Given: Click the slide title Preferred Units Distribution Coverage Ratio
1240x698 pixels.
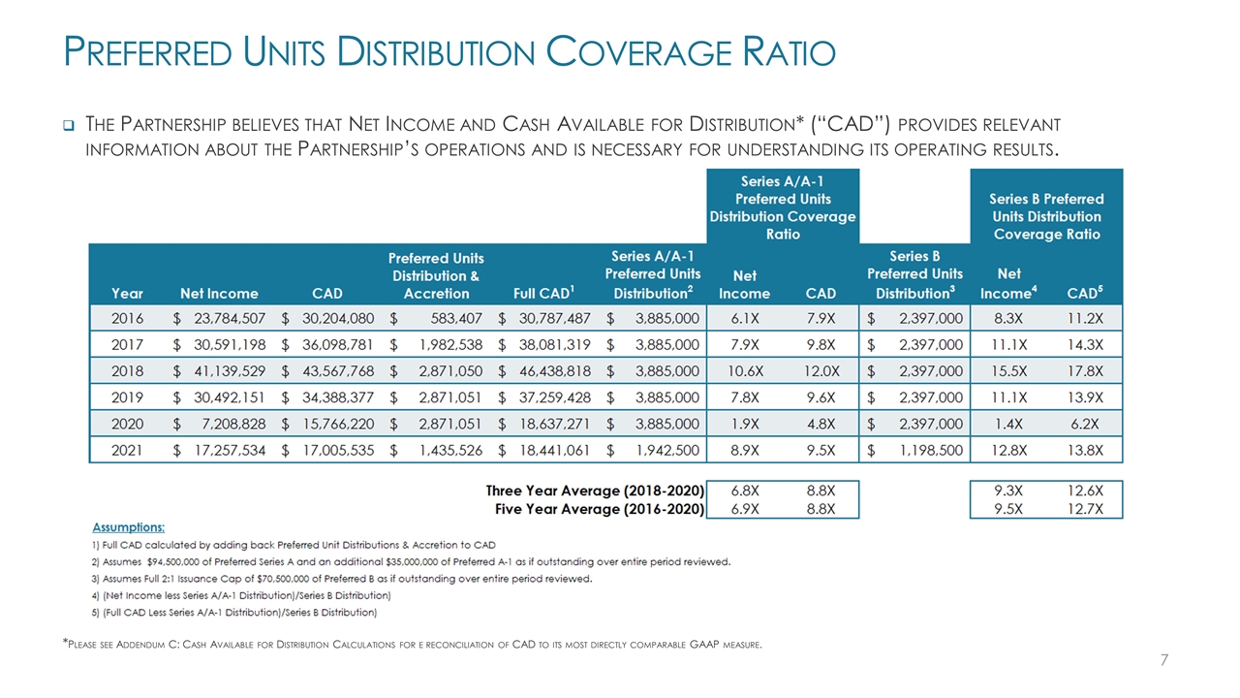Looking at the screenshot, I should (x=449, y=51).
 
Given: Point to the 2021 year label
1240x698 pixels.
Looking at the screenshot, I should (x=127, y=449).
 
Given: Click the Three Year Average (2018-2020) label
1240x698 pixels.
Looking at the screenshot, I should (x=594, y=491).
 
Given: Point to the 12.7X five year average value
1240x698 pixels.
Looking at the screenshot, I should (x=1085, y=508).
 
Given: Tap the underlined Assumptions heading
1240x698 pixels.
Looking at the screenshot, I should (x=128, y=527).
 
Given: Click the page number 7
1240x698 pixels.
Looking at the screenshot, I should (x=1163, y=660).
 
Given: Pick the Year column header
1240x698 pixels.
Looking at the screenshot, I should (x=127, y=293).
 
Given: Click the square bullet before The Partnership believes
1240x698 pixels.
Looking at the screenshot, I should (x=69, y=125).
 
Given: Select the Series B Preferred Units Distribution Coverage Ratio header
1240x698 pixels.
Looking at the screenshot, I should (x=1046, y=216).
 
